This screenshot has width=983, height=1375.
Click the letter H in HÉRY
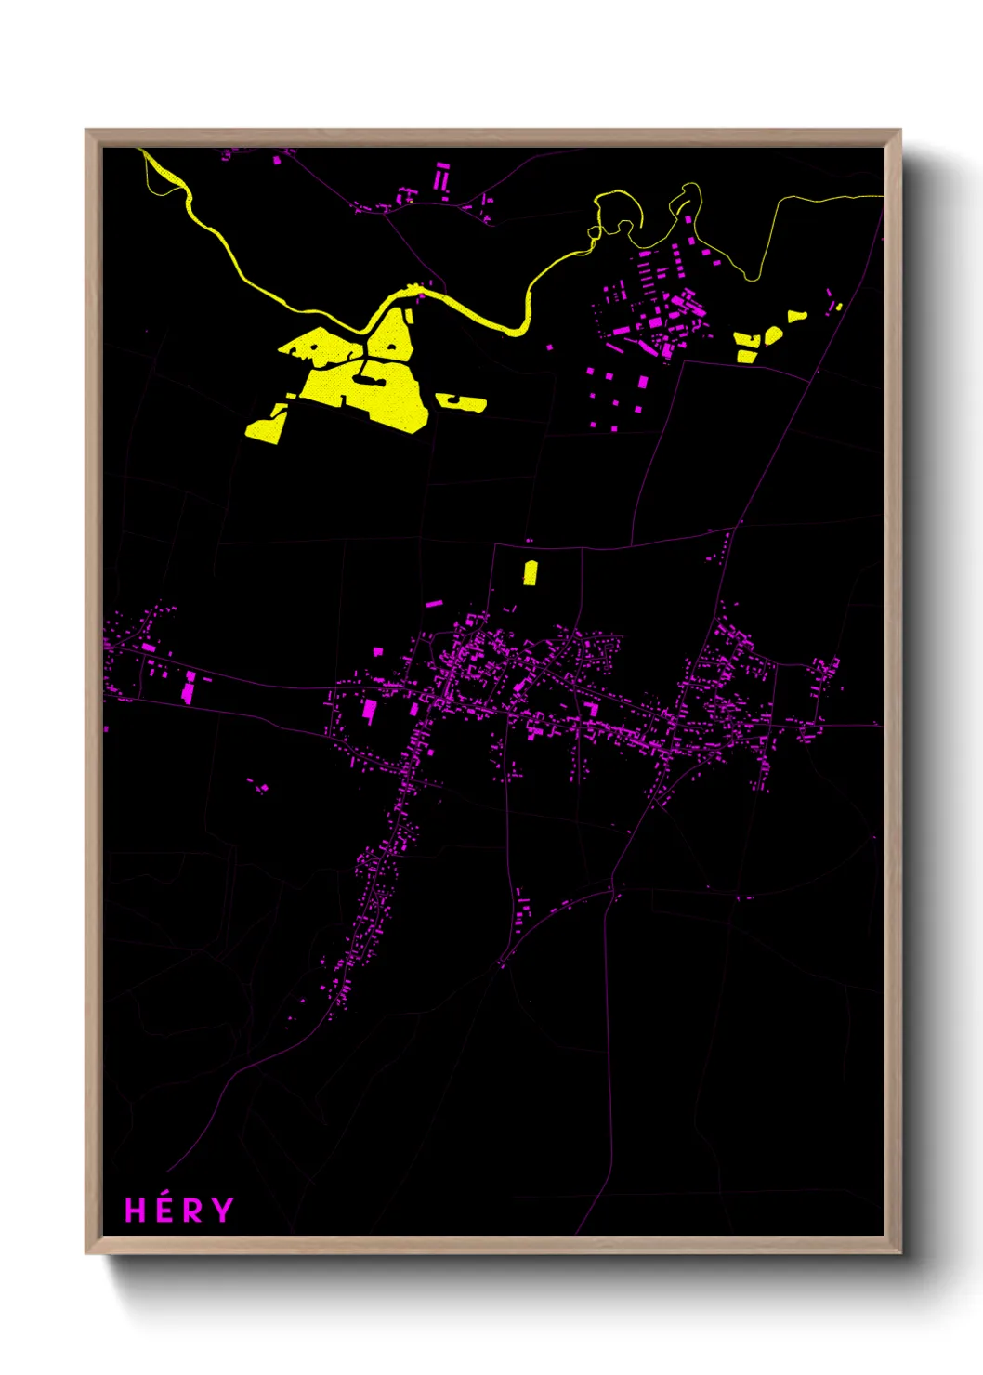pyautogui.click(x=136, y=1211)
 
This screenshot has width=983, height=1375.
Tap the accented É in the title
pyautogui.click(x=164, y=1209)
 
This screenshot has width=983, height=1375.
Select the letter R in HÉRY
pyautogui.click(x=192, y=1211)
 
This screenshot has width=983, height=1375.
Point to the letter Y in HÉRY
pyautogui.click(x=222, y=1211)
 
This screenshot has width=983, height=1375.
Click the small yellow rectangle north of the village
pyautogui.click(x=530, y=572)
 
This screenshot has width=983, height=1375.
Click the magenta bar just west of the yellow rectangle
pyautogui.click(x=434, y=604)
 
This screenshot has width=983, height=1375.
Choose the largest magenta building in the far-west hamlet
pyautogui.click(x=189, y=688)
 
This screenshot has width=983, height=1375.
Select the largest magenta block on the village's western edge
pyautogui.click(x=369, y=711)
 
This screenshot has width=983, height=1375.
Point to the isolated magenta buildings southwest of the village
pyautogui.click(x=259, y=787)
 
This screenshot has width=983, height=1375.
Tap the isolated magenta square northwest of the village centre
pyautogui.click(x=378, y=651)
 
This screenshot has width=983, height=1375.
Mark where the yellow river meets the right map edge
pyautogui.click(x=880, y=196)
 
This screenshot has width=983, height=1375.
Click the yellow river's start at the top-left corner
pyautogui.click(x=142, y=151)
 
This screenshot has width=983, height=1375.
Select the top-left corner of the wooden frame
pyautogui.click(x=86, y=131)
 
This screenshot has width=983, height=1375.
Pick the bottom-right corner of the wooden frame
pyautogui.click(x=899, y=1252)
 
